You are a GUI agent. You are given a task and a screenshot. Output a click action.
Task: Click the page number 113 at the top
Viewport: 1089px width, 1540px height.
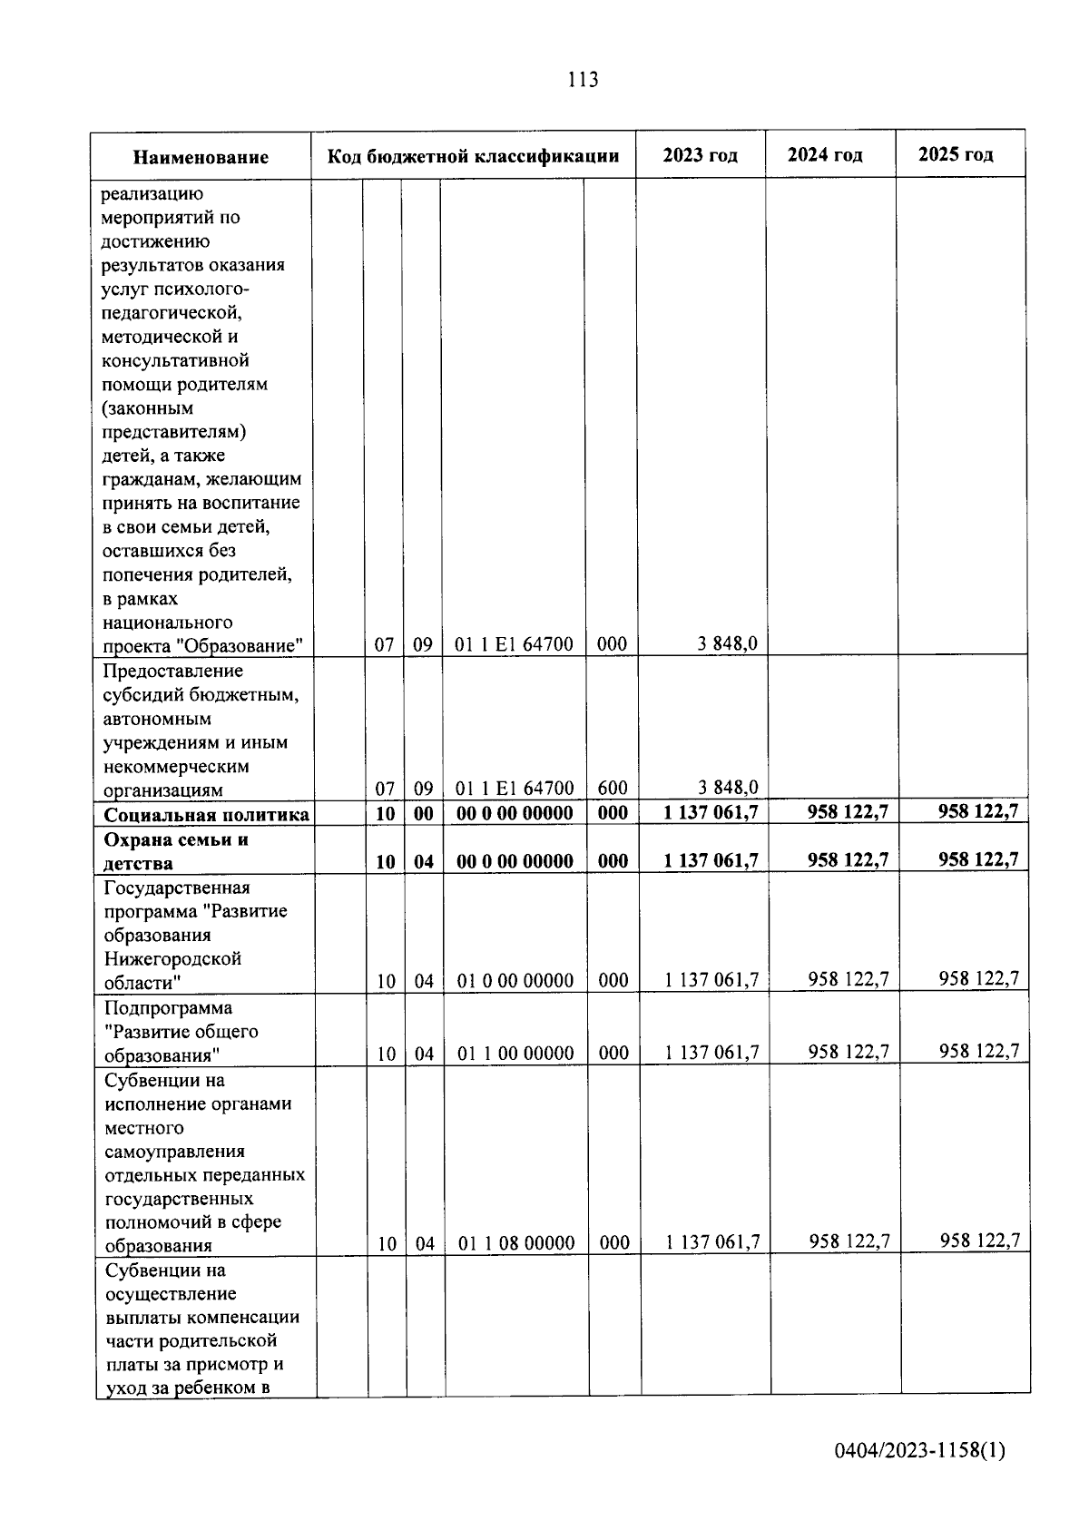tap(583, 80)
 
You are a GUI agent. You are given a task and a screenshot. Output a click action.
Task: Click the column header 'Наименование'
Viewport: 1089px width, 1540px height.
tap(201, 157)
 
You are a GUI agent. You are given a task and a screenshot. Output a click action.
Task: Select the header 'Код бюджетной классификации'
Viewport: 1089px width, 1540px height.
tap(473, 156)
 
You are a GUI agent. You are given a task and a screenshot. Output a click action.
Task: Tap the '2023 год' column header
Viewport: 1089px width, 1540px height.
tap(700, 155)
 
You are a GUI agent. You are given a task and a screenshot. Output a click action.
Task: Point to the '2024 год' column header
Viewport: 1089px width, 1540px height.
tap(825, 154)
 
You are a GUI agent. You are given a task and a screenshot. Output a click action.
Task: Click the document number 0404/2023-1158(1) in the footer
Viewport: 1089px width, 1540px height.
tap(920, 1451)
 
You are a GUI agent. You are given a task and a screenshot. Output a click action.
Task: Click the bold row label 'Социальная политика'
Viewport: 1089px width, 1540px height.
tap(206, 814)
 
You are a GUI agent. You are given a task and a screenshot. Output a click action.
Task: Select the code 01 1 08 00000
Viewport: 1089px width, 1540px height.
tap(516, 1242)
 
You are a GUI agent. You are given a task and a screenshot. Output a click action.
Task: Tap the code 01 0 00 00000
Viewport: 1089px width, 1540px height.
tap(515, 980)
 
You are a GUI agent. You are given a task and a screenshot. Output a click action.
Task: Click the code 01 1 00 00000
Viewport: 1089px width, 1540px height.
tap(515, 1053)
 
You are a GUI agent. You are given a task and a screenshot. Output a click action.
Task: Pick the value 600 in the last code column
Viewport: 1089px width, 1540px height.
tap(613, 788)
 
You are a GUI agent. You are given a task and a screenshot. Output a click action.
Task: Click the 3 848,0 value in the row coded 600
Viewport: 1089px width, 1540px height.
tap(728, 787)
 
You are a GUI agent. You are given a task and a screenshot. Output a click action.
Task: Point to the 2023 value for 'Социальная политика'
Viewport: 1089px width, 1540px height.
tap(711, 812)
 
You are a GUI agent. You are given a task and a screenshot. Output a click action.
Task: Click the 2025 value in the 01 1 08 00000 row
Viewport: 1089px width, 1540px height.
tap(980, 1240)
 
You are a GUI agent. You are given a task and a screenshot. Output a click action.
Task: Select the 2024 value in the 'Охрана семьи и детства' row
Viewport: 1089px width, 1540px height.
tap(848, 859)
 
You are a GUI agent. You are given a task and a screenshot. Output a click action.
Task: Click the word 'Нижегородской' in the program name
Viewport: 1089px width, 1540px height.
tap(172, 958)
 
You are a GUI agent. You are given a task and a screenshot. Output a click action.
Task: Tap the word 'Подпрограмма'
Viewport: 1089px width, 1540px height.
tap(168, 1007)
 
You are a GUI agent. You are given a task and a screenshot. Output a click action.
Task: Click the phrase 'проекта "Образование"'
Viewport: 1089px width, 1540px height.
tap(202, 646)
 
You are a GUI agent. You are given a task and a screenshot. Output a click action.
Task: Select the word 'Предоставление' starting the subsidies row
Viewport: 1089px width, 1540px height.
tap(173, 671)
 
